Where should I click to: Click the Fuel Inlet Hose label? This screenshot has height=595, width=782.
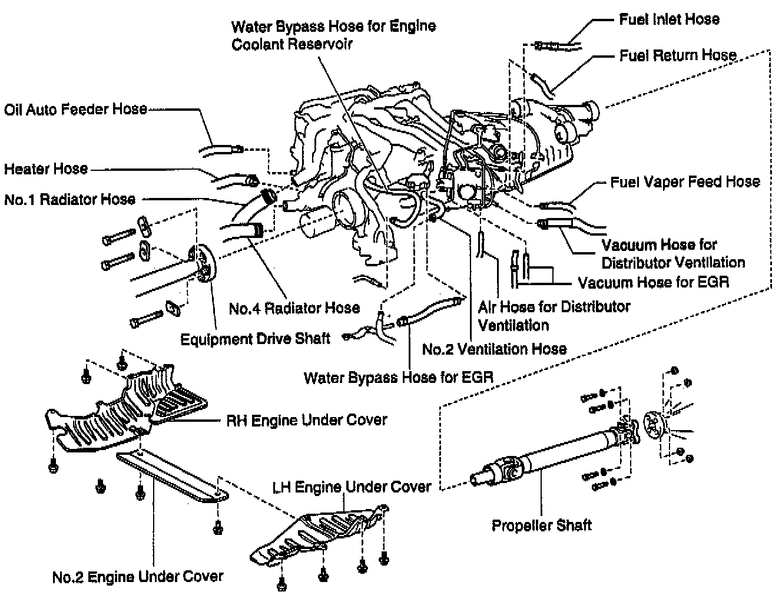pyautogui.click(x=669, y=19)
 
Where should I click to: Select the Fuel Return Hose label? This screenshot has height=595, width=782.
pyautogui.click(x=678, y=55)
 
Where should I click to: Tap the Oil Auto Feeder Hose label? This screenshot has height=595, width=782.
pyautogui.click(x=75, y=109)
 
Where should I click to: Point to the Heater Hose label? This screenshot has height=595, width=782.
pyautogui.click(x=46, y=169)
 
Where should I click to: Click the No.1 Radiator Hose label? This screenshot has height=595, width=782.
pyautogui.click(x=69, y=199)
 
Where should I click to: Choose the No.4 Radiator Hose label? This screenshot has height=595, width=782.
pyautogui.click(x=294, y=308)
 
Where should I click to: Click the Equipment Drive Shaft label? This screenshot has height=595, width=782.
pyautogui.click(x=255, y=339)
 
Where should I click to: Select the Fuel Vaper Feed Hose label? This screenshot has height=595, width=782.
pyautogui.click(x=685, y=181)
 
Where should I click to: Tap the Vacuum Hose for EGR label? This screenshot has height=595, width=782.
pyautogui.click(x=653, y=282)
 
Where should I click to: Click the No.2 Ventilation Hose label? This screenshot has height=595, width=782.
pyautogui.click(x=494, y=349)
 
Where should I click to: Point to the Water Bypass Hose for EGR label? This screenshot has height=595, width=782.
pyautogui.click(x=398, y=377)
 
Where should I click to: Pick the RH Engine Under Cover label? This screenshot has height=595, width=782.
pyautogui.click(x=306, y=420)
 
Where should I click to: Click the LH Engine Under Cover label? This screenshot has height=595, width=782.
pyautogui.click(x=352, y=487)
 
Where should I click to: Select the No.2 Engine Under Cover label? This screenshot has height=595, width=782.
pyautogui.click(x=138, y=576)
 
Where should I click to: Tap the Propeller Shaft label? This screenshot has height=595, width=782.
pyautogui.click(x=541, y=524)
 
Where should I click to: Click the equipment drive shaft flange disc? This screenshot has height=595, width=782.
pyautogui.click(x=204, y=262)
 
